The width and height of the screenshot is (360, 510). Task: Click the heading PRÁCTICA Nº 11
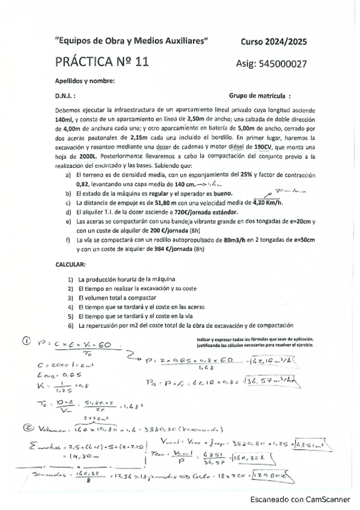(102, 61)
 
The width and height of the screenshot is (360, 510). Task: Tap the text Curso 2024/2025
(273, 41)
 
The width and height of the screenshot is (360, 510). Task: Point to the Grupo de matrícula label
(260, 95)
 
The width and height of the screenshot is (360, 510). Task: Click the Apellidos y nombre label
(85, 81)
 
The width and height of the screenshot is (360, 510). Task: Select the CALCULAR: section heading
(71, 264)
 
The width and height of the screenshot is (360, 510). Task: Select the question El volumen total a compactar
(118, 298)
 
